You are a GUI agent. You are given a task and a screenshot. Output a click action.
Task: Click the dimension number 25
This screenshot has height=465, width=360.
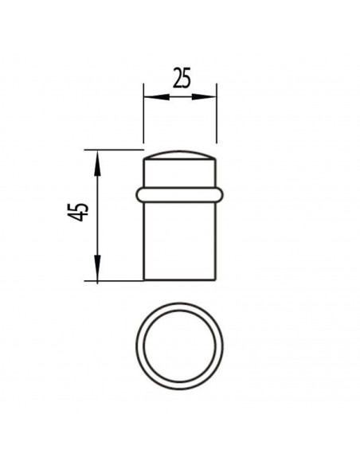[x=182, y=78]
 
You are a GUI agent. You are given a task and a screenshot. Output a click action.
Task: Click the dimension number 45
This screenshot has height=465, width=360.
[x=78, y=212]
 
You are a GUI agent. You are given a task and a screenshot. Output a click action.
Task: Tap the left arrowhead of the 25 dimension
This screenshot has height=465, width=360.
[x=156, y=96]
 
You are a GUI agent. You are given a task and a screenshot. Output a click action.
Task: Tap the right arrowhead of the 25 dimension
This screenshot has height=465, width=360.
[x=204, y=96]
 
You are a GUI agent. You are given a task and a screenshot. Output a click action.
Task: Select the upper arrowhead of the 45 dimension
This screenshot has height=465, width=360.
[x=97, y=162]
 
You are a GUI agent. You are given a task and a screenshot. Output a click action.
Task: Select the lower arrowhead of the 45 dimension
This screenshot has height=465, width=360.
[x=97, y=268]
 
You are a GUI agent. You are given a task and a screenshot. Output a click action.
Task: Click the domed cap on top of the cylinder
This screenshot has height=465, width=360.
[x=180, y=155]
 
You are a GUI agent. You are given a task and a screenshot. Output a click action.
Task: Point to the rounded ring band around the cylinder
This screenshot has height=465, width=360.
[x=180, y=195]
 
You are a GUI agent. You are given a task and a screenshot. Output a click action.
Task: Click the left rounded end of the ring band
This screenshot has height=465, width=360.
[x=139, y=195]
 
